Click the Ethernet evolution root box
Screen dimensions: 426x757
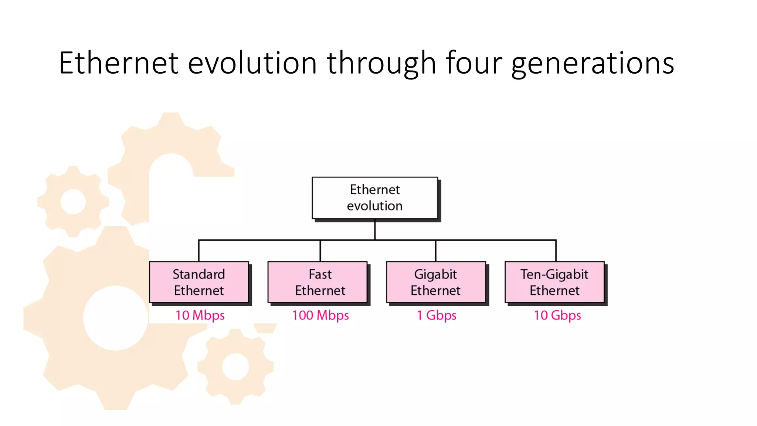375,198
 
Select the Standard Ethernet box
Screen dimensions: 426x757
199,282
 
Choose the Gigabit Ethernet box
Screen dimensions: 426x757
436,282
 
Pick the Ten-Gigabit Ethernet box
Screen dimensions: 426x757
554,282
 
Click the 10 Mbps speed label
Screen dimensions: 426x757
200,315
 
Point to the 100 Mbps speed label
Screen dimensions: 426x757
320,315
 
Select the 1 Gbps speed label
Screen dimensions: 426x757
437,315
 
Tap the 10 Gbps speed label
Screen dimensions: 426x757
557,315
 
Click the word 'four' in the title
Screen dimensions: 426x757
474,63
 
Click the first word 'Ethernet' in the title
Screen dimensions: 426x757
119,63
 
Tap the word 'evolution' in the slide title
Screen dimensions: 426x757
252,63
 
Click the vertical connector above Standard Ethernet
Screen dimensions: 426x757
199,251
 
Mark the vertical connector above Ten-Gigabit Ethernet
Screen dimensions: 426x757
556,251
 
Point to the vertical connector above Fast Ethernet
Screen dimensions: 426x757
320,251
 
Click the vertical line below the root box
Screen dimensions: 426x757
375,229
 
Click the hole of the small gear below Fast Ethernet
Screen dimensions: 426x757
235,366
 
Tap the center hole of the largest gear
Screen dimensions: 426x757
116,318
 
